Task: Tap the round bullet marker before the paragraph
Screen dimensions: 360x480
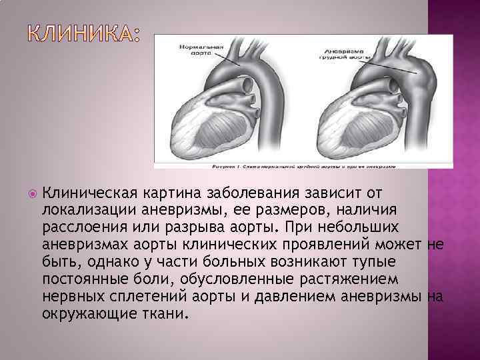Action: [x=30, y=194]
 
